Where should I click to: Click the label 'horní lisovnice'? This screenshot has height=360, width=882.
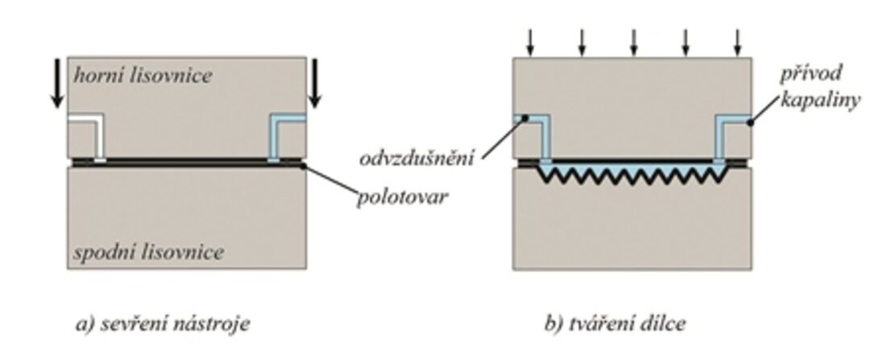[143, 77]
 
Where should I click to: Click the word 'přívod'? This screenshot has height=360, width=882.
[811, 74]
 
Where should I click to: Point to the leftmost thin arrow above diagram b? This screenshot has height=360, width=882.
[530, 41]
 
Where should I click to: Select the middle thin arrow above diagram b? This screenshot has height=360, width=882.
[634, 41]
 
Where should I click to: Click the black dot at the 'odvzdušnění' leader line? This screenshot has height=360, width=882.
[524, 119]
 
